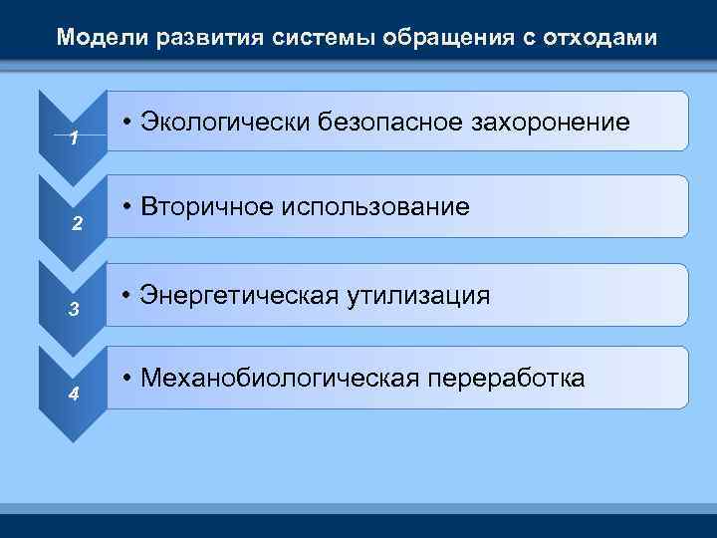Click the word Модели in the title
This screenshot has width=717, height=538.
(x=95, y=39)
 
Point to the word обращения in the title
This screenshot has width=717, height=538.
(x=409, y=39)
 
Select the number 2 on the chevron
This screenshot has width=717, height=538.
(x=75, y=223)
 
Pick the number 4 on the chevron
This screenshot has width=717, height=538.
(x=74, y=394)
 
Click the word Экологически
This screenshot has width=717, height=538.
(x=226, y=123)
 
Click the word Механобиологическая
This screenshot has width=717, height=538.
(x=281, y=379)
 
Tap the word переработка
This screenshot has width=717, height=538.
(x=507, y=379)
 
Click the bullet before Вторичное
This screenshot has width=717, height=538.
(x=128, y=207)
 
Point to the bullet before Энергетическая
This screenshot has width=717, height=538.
(x=128, y=295)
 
